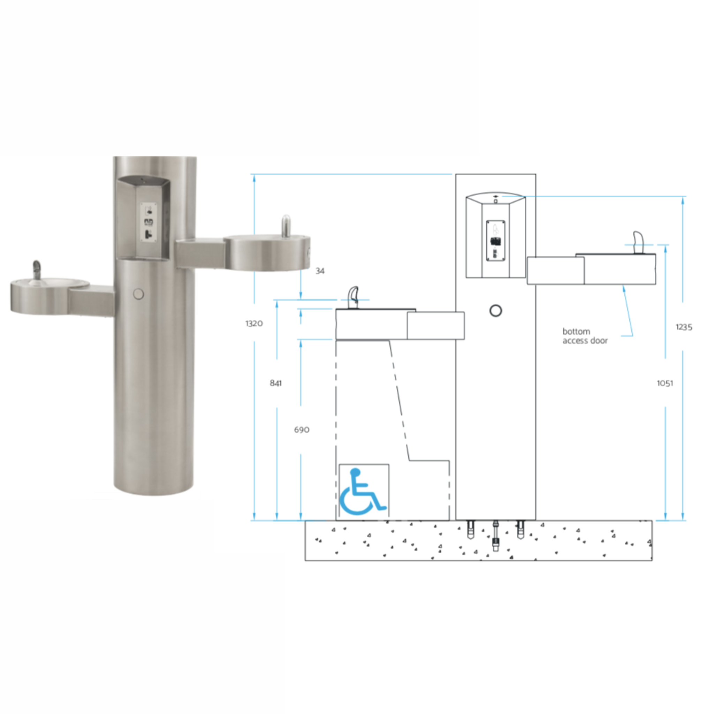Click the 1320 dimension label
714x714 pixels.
[254, 324]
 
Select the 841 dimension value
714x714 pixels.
[276, 383]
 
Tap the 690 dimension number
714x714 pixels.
[302, 430]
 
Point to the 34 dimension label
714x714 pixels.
[320, 271]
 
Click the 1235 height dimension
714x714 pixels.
[684, 327]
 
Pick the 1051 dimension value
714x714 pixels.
[665, 383]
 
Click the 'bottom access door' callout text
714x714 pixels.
[585, 336]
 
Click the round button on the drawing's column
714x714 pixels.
[496, 310]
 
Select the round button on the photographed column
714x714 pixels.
[139, 294]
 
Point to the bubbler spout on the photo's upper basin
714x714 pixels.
[286, 226]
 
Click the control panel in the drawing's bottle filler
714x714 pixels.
[496, 241]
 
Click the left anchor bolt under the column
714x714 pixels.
[470, 529]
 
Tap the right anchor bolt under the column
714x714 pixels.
[521, 529]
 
